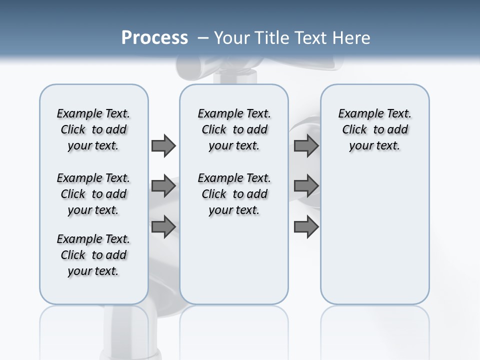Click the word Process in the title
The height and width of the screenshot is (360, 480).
tap(154, 38)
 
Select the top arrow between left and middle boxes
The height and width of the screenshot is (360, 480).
tap(163, 145)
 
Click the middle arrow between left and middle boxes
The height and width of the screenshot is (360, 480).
tap(163, 186)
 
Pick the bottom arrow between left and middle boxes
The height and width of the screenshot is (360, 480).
tap(163, 227)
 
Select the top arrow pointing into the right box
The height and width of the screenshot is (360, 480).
tap(306, 145)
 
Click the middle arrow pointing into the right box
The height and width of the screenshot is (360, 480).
tap(306, 186)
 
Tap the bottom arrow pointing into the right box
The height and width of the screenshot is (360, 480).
tap(306, 227)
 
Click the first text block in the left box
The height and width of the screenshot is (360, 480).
tap(93, 129)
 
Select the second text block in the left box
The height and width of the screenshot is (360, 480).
tap(93, 194)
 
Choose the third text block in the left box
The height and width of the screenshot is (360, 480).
tap(93, 255)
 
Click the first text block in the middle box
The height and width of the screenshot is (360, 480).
tap(234, 129)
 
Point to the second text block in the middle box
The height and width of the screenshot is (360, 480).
tap(234, 194)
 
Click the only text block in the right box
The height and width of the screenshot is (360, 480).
tap(374, 129)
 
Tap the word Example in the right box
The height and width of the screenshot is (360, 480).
tap(357, 114)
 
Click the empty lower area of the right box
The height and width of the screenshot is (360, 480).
tap(374, 235)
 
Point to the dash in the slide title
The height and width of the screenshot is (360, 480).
tap(203, 38)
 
